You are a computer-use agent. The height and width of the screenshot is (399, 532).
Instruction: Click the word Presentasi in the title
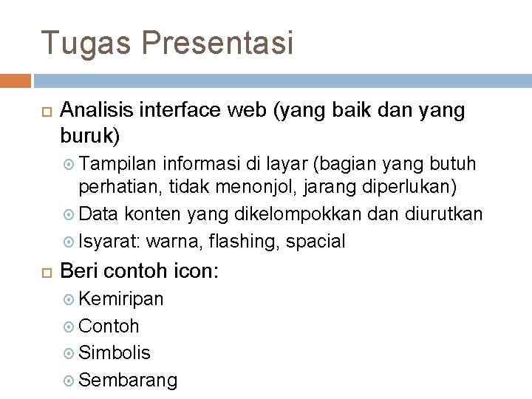point(217,43)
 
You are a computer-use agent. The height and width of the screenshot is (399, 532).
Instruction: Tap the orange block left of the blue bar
point(16,79)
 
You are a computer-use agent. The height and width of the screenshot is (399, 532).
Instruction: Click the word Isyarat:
point(109,241)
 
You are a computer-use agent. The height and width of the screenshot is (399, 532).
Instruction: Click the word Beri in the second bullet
point(77,270)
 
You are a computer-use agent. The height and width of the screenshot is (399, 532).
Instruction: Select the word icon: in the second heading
point(195,270)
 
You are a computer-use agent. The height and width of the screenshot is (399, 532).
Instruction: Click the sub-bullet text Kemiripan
point(121,299)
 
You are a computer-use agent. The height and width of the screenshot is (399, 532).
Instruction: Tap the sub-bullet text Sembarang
point(128,381)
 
